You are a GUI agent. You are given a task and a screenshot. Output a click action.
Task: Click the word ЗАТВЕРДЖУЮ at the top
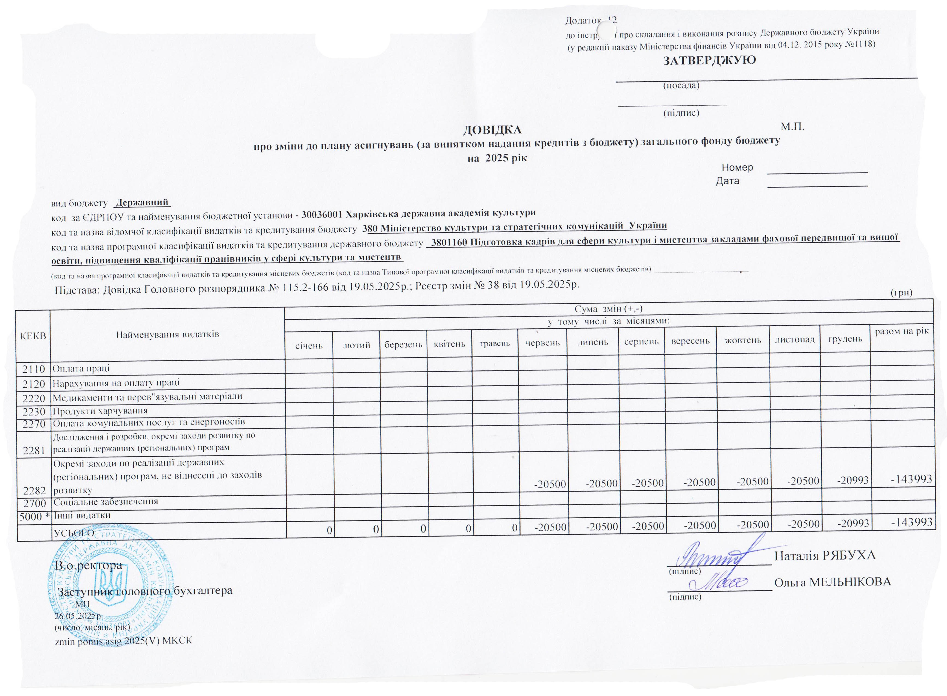pyautogui.click(x=710, y=61)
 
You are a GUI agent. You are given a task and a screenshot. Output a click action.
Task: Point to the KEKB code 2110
pyautogui.click(x=34, y=369)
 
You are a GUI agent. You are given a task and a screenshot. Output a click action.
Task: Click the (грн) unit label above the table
pyautogui.click(x=901, y=293)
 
